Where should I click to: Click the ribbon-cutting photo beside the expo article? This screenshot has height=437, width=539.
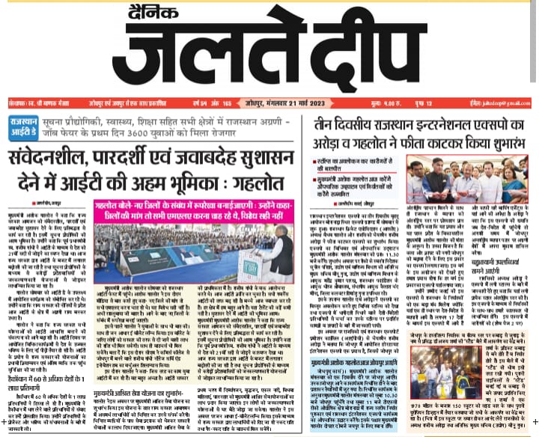473,181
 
